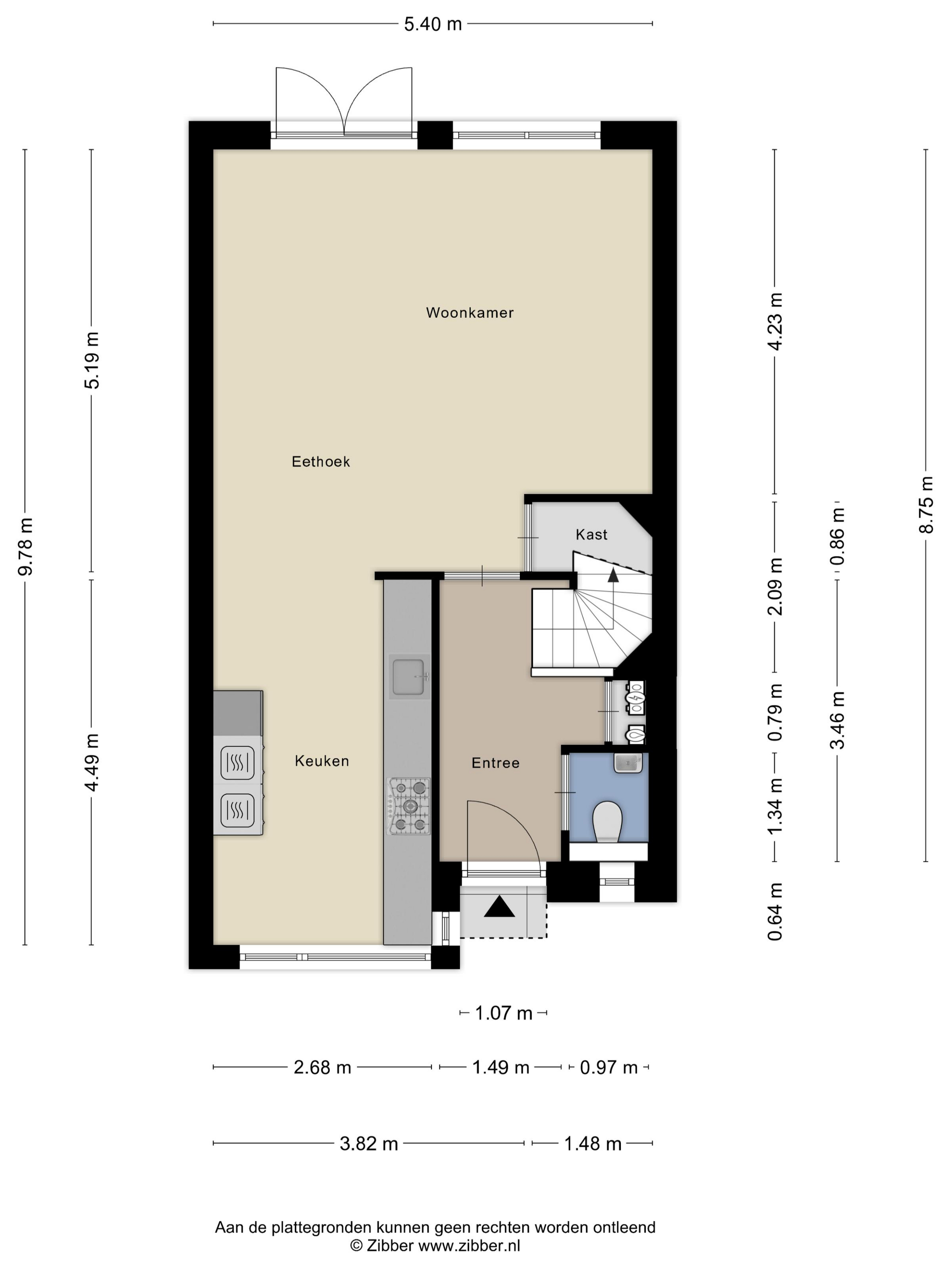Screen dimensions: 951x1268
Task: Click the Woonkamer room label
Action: point(470,312)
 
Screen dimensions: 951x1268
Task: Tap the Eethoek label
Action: point(321,461)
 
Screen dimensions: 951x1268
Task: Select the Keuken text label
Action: point(322,761)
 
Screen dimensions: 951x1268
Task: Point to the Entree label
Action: point(495,763)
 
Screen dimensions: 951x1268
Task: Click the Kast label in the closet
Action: point(591,534)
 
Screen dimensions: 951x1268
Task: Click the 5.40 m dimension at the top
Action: point(433,24)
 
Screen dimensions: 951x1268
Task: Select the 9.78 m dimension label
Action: point(26,546)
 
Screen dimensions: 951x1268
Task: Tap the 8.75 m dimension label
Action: point(926,504)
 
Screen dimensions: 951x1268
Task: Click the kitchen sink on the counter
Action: point(409,677)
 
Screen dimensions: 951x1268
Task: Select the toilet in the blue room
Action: point(608,821)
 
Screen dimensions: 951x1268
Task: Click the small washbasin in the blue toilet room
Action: point(628,763)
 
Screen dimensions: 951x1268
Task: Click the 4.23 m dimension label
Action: point(774,321)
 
